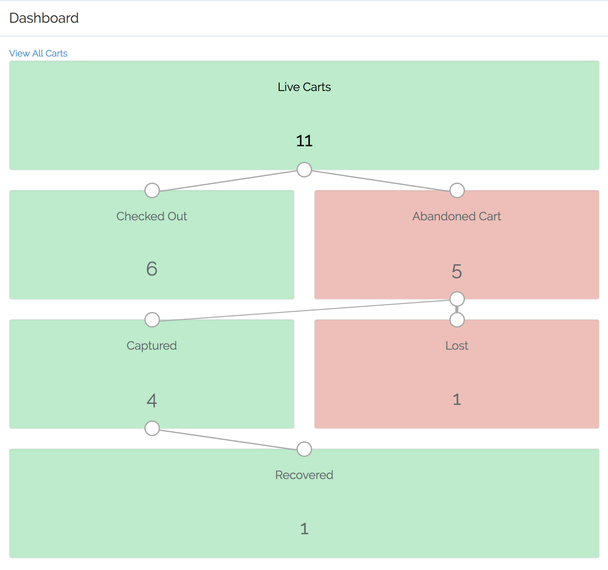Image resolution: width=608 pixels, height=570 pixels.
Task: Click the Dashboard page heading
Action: click(x=44, y=18)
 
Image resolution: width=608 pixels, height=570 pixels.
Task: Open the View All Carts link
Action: click(x=38, y=53)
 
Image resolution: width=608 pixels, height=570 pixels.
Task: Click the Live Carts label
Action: click(x=304, y=87)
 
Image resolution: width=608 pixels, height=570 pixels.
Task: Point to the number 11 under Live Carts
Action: click(x=304, y=141)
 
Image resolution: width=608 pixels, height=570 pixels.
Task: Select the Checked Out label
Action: click(x=152, y=216)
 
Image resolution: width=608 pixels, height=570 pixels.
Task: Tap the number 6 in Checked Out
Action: click(x=152, y=269)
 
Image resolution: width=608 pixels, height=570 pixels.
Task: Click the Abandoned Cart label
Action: click(x=456, y=216)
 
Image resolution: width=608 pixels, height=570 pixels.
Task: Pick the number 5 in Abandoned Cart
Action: click(x=456, y=271)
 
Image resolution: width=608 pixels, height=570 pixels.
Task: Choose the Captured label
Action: click(x=152, y=346)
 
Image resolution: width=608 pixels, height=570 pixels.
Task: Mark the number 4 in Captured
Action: click(x=152, y=400)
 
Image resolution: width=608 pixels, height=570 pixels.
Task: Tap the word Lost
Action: click(x=456, y=346)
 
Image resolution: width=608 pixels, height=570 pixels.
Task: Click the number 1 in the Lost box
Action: click(x=457, y=399)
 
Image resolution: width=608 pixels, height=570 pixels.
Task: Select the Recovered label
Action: click(x=304, y=475)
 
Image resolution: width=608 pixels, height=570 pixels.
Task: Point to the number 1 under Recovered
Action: click(x=304, y=529)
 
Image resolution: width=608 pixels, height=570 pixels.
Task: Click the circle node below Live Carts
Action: click(x=304, y=170)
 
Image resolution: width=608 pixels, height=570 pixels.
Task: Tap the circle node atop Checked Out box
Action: click(x=152, y=190)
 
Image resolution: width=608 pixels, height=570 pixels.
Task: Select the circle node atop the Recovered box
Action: click(x=304, y=449)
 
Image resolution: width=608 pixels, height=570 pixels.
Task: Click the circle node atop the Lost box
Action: click(x=457, y=320)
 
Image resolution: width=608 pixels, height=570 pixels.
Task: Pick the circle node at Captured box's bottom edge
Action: click(x=152, y=428)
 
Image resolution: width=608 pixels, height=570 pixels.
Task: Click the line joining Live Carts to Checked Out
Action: click(x=228, y=181)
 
